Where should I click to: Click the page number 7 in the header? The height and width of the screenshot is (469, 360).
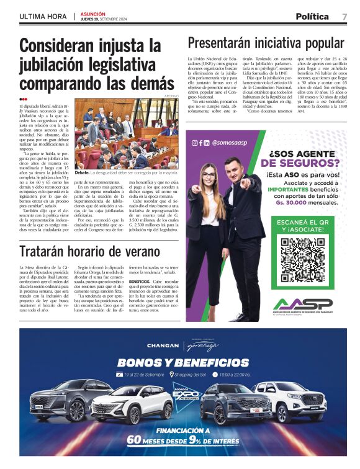[344, 16]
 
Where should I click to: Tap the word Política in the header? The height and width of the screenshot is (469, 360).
[313, 16]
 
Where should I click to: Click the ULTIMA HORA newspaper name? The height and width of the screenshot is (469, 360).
[43, 16]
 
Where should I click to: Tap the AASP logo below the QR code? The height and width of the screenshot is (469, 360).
[303, 305]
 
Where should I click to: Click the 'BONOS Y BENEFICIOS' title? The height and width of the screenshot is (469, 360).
[180, 362]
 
